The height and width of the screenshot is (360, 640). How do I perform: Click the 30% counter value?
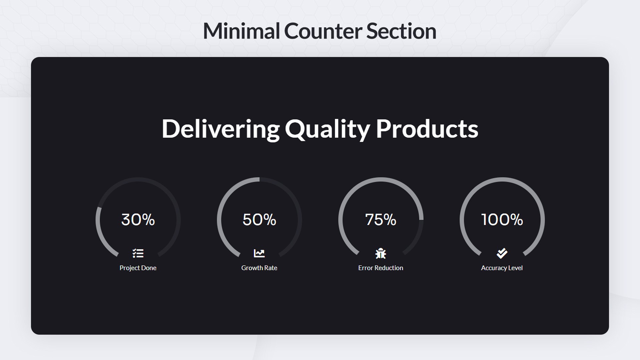[138, 220]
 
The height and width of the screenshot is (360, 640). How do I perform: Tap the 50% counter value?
[259, 220]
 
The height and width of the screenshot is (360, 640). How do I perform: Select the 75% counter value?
[381, 220]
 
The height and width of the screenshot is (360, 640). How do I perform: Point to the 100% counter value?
[502, 220]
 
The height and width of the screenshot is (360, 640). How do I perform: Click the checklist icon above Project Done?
[138, 253]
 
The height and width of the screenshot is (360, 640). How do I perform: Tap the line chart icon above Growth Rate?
[259, 253]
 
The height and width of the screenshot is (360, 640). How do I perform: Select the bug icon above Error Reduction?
[381, 254]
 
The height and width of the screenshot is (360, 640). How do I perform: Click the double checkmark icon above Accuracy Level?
[502, 253]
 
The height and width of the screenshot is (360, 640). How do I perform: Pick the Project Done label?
[138, 268]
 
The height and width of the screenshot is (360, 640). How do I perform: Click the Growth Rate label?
[259, 268]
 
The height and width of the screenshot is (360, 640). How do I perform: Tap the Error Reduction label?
[381, 268]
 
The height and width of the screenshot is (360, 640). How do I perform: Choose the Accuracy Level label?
[502, 268]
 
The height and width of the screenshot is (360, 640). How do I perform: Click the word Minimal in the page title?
[241, 31]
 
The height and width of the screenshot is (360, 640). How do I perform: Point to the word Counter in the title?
[323, 31]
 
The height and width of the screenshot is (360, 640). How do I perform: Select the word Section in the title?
[401, 31]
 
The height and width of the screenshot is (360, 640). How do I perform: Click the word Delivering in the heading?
[221, 129]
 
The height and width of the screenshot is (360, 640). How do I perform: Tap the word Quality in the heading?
[327, 129]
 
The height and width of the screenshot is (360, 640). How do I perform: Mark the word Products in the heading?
[427, 129]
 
